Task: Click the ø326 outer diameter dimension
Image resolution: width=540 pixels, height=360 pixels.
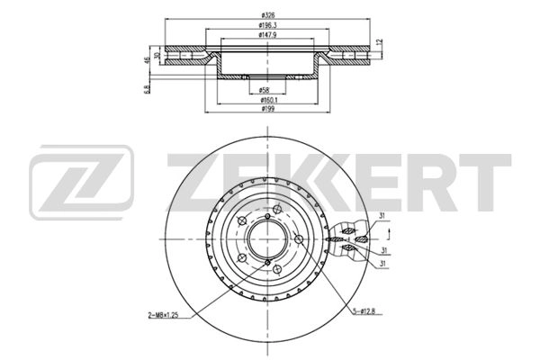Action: coord(267,15)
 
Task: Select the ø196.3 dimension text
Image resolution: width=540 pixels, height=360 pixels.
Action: coord(267,25)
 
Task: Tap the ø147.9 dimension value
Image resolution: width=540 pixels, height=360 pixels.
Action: coord(267,35)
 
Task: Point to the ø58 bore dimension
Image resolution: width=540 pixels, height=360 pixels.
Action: coord(264,90)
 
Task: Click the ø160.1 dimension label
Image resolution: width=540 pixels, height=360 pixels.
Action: coord(269,100)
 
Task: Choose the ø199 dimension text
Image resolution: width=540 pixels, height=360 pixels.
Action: coord(267,109)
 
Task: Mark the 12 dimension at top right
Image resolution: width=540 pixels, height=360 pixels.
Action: coord(380,42)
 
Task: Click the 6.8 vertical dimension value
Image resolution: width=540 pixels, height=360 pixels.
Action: coord(148,90)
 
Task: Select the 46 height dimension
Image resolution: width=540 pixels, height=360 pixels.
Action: coord(148,60)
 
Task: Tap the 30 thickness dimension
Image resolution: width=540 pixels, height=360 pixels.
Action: coord(157,55)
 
